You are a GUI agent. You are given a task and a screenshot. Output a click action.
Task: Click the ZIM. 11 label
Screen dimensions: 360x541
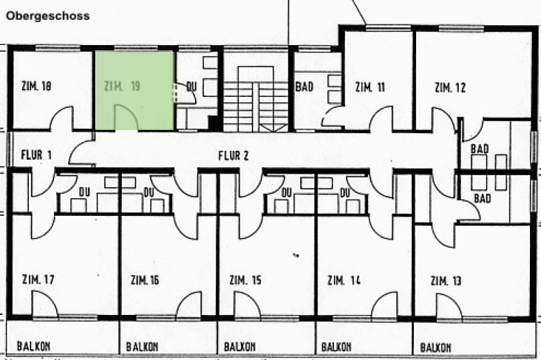370,86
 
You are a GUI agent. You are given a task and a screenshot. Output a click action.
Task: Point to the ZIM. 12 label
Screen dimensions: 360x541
450,88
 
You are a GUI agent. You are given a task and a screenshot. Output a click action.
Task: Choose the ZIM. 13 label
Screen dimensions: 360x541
446,281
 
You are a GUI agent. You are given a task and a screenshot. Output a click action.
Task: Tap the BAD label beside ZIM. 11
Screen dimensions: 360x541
304,86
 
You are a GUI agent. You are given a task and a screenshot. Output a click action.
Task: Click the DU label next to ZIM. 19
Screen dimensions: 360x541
191,86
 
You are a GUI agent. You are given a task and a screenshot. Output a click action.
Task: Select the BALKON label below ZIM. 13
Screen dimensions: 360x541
435,346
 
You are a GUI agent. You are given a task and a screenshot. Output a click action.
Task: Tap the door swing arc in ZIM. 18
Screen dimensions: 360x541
62,118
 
